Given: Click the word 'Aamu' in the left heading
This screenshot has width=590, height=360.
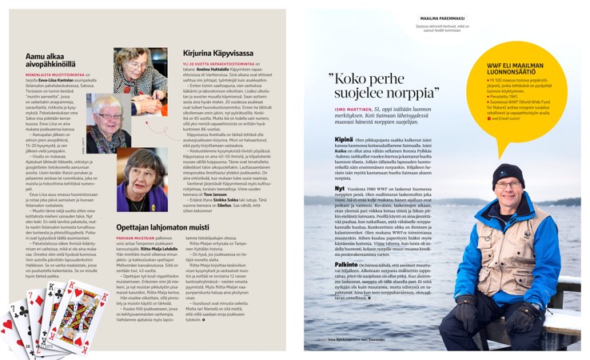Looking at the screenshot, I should (x=36, y=57).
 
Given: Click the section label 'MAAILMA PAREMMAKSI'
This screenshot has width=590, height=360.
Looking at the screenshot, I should (x=442, y=16).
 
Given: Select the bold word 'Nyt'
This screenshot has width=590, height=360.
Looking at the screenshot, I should (x=340, y=189).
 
